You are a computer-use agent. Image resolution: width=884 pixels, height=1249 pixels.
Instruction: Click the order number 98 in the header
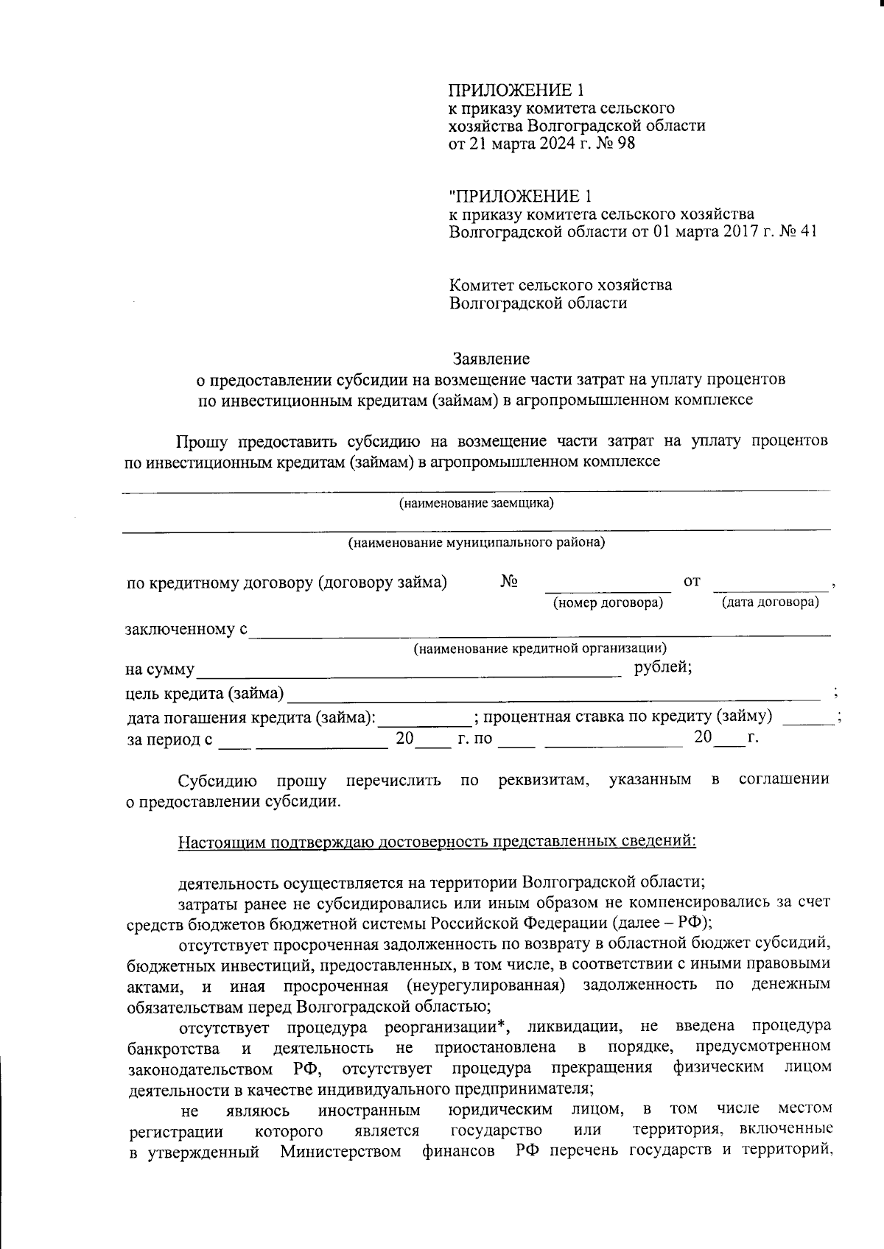625,144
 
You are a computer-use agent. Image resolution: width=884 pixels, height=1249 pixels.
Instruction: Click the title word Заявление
491,359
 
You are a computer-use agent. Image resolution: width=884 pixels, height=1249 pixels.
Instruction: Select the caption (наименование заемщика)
476,504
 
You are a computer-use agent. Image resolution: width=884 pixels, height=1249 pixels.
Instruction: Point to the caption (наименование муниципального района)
476,543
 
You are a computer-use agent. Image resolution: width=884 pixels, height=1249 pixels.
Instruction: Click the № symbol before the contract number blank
509,582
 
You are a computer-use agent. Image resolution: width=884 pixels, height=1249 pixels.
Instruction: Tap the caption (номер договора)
608,603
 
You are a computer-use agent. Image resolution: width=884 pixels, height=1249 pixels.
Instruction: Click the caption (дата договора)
770,602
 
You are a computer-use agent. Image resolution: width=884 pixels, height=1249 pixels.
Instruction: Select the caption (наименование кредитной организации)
540,649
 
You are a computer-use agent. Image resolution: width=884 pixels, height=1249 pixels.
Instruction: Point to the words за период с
170,740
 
